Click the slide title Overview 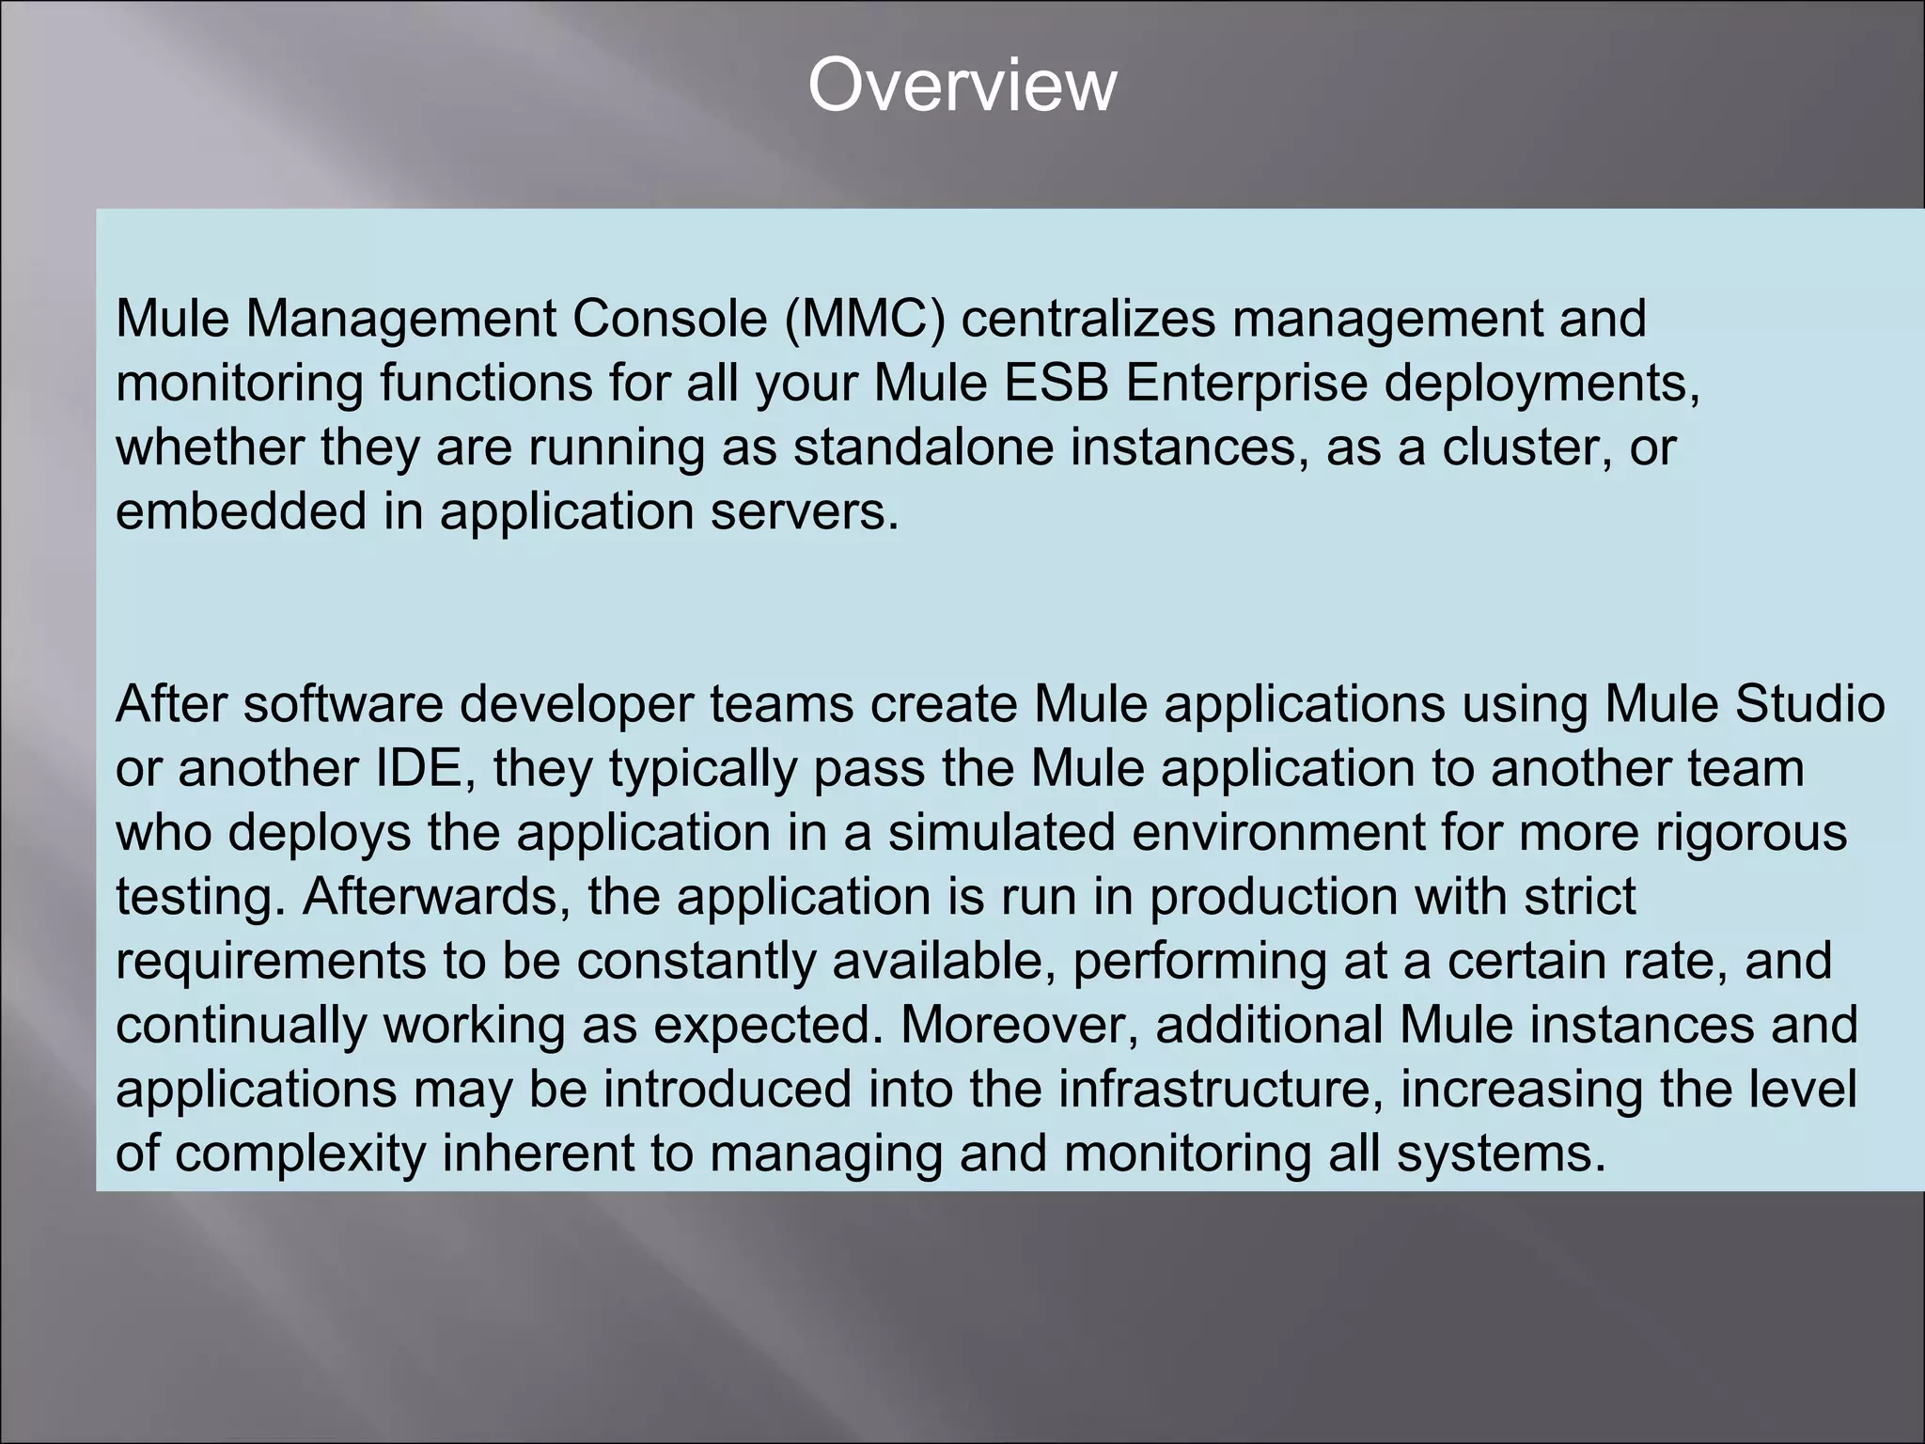point(962,86)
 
